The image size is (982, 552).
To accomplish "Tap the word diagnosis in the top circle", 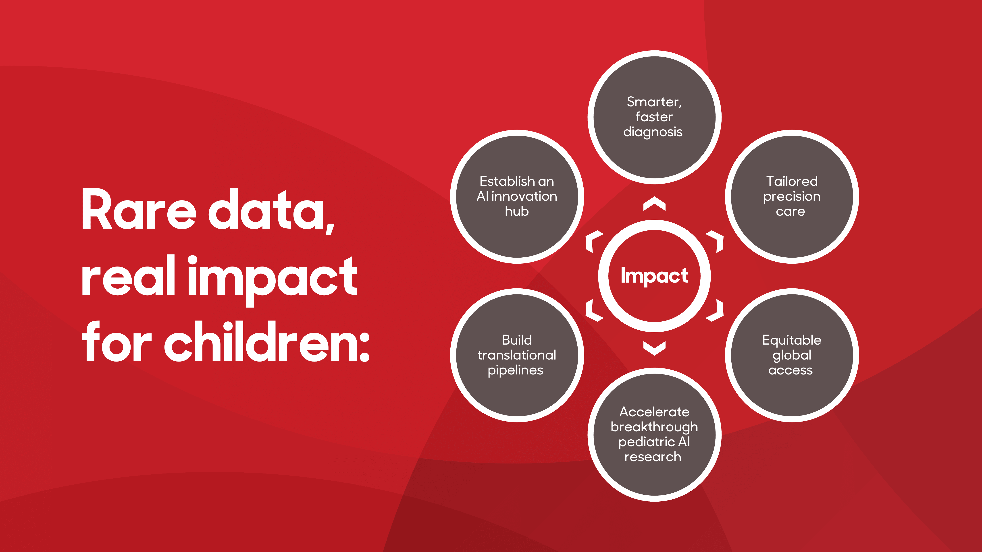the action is (653, 132).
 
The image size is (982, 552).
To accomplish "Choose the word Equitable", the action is (792, 340).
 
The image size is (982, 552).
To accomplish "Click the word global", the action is (792, 356).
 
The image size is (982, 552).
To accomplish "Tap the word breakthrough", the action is (654, 427).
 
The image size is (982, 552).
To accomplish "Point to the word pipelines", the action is (515, 371).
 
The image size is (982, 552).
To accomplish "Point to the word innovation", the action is (524, 196).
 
